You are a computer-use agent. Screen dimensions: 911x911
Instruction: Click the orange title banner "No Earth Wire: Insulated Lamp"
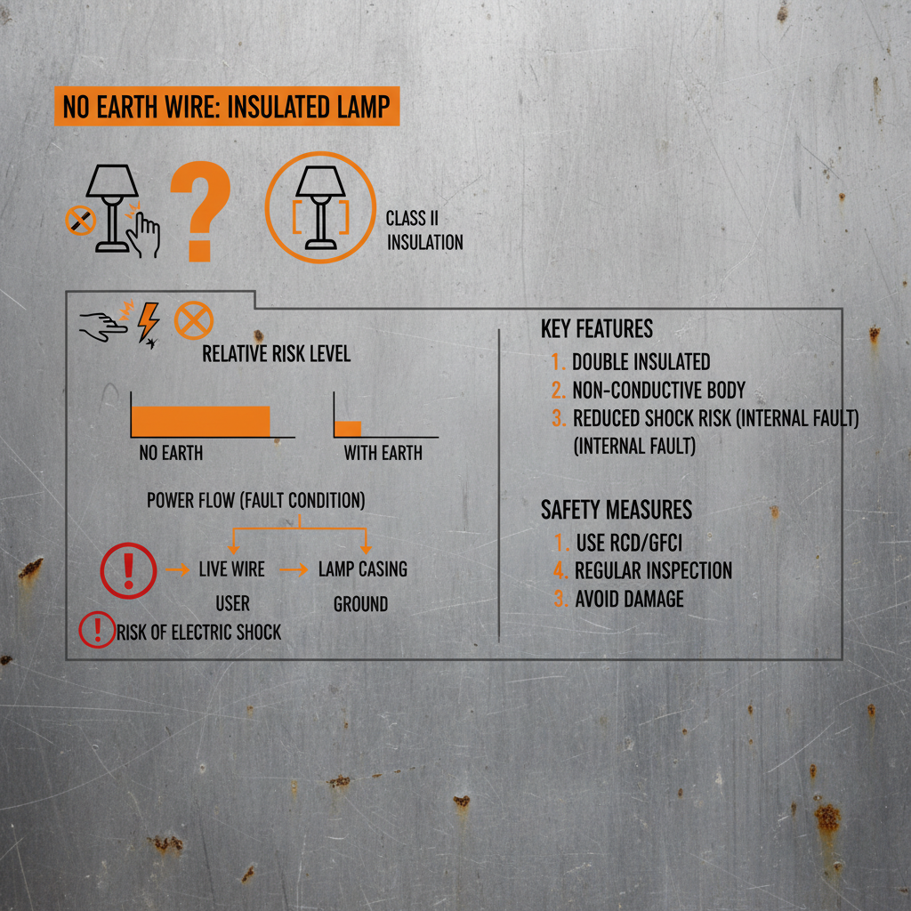click(x=227, y=108)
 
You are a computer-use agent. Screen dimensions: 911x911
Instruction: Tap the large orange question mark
click(x=201, y=213)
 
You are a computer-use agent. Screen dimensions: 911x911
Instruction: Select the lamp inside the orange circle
click(x=319, y=206)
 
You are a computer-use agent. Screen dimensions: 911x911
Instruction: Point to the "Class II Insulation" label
click(x=424, y=230)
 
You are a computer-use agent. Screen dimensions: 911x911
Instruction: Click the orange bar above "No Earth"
click(x=200, y=420)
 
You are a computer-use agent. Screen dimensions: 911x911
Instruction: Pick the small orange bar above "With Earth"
click(x=348, y=428)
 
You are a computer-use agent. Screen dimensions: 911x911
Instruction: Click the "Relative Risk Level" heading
click(x=277, y=354)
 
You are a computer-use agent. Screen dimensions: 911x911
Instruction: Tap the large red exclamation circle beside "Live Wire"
click(x=129, y=569)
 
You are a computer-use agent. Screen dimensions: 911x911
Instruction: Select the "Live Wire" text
click(x=232, y=569)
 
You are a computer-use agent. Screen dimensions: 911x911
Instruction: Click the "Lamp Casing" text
click(x=363, y=569)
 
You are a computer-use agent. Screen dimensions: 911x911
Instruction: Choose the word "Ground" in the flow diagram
click(x=360, y=605)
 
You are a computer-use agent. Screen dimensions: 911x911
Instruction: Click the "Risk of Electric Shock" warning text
click(x=198, y=633)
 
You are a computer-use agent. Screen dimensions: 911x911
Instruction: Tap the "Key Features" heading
click(x=597, y=329)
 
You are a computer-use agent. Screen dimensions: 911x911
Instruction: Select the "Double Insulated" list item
click(x=641, y=362)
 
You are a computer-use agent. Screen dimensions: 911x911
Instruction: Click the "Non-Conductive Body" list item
click(x=658, y=391)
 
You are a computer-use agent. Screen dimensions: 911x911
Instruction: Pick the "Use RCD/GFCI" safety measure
click(x=629, y=541)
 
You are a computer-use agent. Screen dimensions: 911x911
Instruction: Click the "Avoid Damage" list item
click(x=629, y=599)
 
